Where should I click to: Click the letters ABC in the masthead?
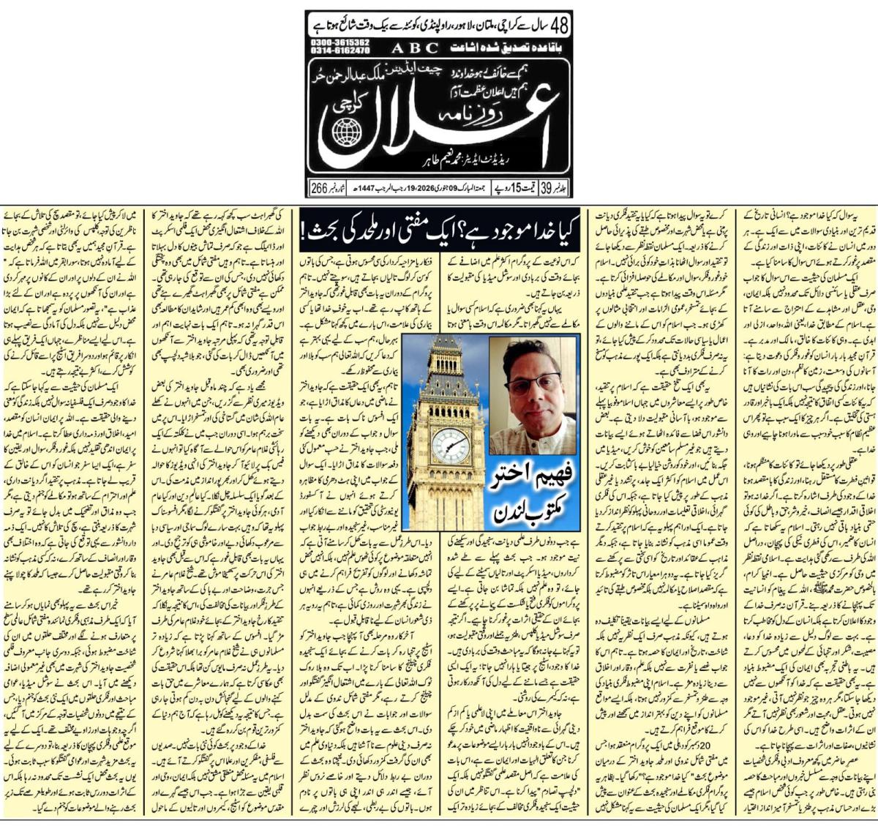416,48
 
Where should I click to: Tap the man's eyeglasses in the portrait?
532,383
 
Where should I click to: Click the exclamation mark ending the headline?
304,233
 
